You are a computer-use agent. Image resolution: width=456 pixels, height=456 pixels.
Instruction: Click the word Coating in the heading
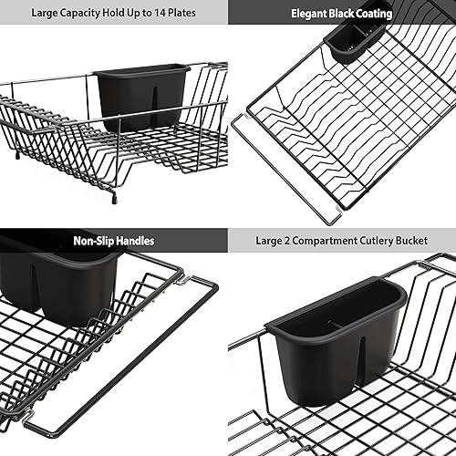372,14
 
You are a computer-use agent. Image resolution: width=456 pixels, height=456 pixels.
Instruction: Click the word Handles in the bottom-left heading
134,241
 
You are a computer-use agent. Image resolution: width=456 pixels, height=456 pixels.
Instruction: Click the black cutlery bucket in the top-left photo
140,95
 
